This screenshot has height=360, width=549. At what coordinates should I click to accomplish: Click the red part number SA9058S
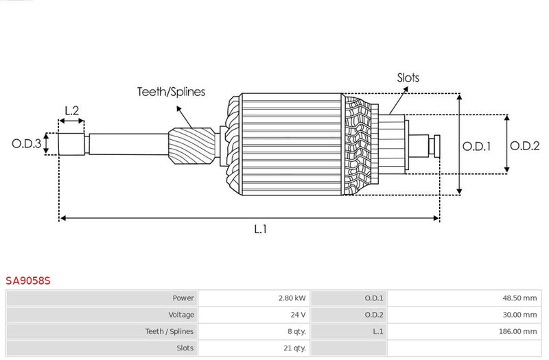pos(28,280)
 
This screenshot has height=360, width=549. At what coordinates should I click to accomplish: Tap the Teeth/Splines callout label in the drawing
pos(171,92)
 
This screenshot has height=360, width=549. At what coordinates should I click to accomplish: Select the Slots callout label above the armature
pos(408,77)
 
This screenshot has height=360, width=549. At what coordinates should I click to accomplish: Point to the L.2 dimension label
pos(72,110)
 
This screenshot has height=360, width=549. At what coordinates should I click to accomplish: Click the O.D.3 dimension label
pos(26,143)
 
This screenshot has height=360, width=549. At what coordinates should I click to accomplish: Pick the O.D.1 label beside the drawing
pos(476,146)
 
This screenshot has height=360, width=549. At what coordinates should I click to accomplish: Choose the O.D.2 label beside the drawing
pos(524,145)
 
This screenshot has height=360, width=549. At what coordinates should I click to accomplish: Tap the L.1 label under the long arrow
pos(261,229)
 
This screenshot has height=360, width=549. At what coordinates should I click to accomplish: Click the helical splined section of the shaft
pos(192,146)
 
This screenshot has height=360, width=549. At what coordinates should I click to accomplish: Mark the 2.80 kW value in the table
pos(292,298)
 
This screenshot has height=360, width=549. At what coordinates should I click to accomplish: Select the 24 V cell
pos(298,315)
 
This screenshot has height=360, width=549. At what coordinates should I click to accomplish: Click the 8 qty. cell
pos(296,331)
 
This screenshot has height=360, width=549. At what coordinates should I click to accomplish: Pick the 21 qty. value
pos(294,348)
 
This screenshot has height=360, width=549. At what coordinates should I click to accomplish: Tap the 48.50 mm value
pos(519,298)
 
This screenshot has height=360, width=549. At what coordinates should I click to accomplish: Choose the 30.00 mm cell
pos(519,315)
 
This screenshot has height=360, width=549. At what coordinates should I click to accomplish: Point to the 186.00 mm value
pos(518,331)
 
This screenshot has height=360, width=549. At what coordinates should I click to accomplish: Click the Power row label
pos(183,298)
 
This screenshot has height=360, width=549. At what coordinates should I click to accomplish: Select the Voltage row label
pos(181,315)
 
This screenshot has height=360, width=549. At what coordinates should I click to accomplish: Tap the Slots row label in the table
pos(185,348)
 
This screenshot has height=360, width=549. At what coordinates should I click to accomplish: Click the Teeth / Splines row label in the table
pos(170,331)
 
